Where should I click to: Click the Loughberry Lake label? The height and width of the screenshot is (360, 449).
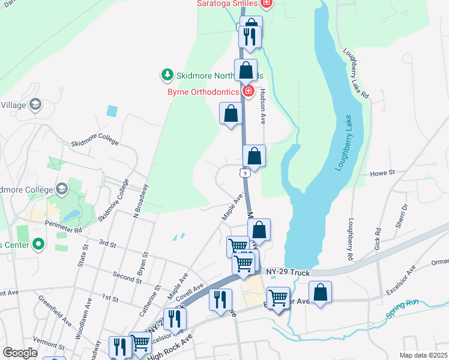pyautogui.click(x=346, y=142)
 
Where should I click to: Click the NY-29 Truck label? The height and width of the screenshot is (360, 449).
pyautogui.click(x=288, y=273)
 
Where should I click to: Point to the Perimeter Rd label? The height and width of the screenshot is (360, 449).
pyautogui.click(x=63, y=228)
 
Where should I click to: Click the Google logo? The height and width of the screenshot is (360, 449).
pyautogui.click(x=20, y=353)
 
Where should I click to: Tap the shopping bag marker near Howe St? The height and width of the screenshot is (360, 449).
pyautogui.click(x=255, y=157)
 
